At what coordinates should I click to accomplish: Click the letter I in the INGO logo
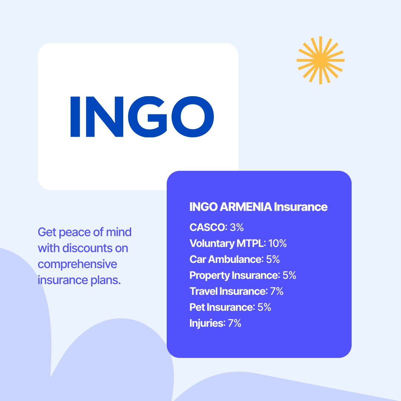(x=75, y=117)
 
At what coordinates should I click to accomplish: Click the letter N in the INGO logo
(x=105, y=117)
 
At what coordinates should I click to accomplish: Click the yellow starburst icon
(x=320, y=60)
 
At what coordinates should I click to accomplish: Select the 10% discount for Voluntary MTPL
(x=277, y=244)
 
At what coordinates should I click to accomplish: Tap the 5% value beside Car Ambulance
(x=273, y=260)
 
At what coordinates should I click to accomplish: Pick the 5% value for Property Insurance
(x=289, y=276)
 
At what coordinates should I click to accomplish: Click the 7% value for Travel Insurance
(x=277, y=291)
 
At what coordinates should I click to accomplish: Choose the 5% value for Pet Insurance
(x=264, y=307)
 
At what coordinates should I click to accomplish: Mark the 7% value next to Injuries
(x=235, y=323)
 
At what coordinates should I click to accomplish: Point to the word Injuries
(x=206, y=323)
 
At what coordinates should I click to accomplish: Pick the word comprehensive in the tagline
(x=77, y=264)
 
